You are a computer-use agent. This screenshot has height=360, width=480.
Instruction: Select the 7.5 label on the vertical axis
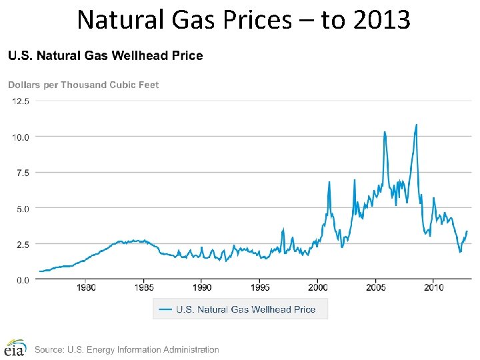click(x=22, y=173)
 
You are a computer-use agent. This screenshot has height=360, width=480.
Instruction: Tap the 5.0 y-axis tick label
click(x=22, y=209)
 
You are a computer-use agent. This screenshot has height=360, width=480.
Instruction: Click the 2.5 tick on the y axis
click(x=22, y=245)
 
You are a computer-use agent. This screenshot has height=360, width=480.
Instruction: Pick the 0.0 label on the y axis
click(x=22, y=281)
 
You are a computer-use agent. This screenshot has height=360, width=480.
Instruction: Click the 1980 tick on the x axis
click(x=86, y=287)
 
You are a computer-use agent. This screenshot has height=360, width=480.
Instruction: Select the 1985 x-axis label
click(x=144, y=287)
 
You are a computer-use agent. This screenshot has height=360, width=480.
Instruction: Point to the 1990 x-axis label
click(x=202, y=287)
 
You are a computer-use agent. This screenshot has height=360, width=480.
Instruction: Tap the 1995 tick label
click(x=260, y=287)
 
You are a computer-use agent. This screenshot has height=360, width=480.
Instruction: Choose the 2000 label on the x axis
click(x=318, y=287)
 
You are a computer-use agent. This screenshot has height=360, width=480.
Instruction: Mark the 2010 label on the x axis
click(x=433, y=287)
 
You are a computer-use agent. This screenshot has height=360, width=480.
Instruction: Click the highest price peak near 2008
click(x=417, y=125)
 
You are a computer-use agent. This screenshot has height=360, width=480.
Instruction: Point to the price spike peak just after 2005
click(x=385, y=132)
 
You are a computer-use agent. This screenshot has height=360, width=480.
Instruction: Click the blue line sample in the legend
click(x=165, y=309)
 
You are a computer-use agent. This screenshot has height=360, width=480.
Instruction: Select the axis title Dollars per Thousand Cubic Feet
click(x=83, y=85)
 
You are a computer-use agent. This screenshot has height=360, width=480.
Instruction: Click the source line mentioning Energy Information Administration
click(x=127, y=349)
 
